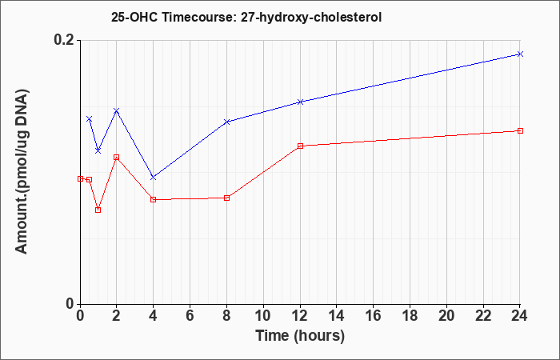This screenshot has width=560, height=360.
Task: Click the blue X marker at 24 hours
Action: pyautogui.click(x=520, y=54)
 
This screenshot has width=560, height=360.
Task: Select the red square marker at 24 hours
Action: pyautogui.click(x=520, y=130)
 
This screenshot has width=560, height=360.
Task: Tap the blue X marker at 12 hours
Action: pyautogui.click(x=300, y=102)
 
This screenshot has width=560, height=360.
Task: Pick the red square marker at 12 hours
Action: pyautogui.click(x=300, y=146)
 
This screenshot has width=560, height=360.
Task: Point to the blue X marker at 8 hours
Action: pyautogui.click(x=226, y=122)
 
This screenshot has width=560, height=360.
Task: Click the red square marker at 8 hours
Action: pyautogui.click(x=226, y=198)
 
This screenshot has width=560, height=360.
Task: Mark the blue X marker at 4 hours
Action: pyautogui.click(x=154, y=177)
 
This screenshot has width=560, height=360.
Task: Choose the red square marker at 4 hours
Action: pyautogui.click(x=154, y=200)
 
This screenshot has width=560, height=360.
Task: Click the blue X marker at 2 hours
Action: pyautogui.click(x=117, y=110)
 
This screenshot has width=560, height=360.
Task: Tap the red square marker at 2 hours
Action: pyautogui.click(x=117, y=157)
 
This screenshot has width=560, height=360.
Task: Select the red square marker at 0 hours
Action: pyautogui.click(x=80, y=179)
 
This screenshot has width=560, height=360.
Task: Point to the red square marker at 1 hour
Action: pyautogui.click(x=98, y=210)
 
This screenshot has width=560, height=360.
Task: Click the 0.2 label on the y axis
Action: pyautogui.click(x=64, y=40)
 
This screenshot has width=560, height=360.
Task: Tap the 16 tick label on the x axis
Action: pyautogui.click(x=374, y=316)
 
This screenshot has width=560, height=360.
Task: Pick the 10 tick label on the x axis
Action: pyautogui.click(x=263, y=316)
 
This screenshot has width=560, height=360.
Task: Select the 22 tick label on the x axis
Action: pyautogui.click(x=483, y=316)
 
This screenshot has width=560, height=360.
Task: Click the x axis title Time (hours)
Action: pyautogui.click(x=300, y=336)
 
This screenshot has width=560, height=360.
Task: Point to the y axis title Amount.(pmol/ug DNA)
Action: pyautogui.click(x=22, y=172)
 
